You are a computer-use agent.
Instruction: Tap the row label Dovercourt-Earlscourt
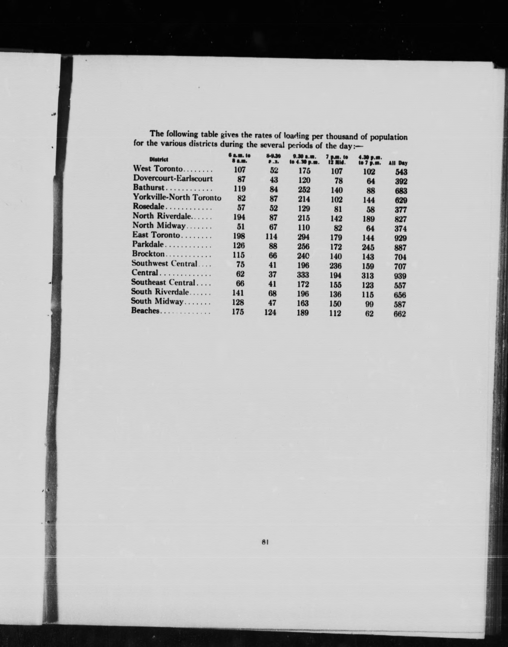coord(173,178)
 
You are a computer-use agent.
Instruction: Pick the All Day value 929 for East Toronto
coord(400,238)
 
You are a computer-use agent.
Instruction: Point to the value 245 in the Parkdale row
coord(368,247)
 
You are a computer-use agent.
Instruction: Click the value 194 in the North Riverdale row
coord(239,217)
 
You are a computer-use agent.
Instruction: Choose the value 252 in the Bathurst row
coord(304,190)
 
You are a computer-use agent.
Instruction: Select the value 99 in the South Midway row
coord(369,304)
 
